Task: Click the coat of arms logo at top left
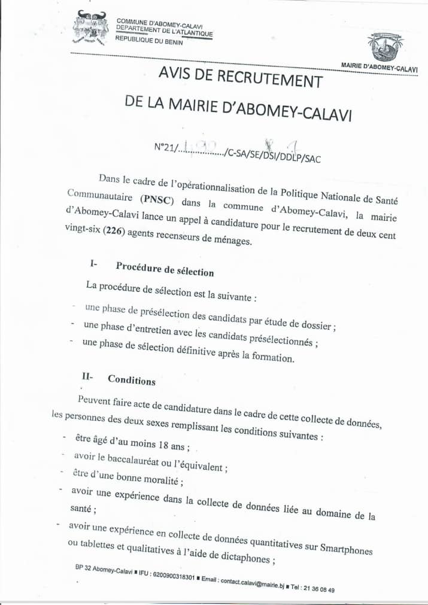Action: pos(90,29)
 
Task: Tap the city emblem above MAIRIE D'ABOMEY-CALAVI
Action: pos(384,47)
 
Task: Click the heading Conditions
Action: pos(132,381)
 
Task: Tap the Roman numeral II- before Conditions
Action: pos(89,377)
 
